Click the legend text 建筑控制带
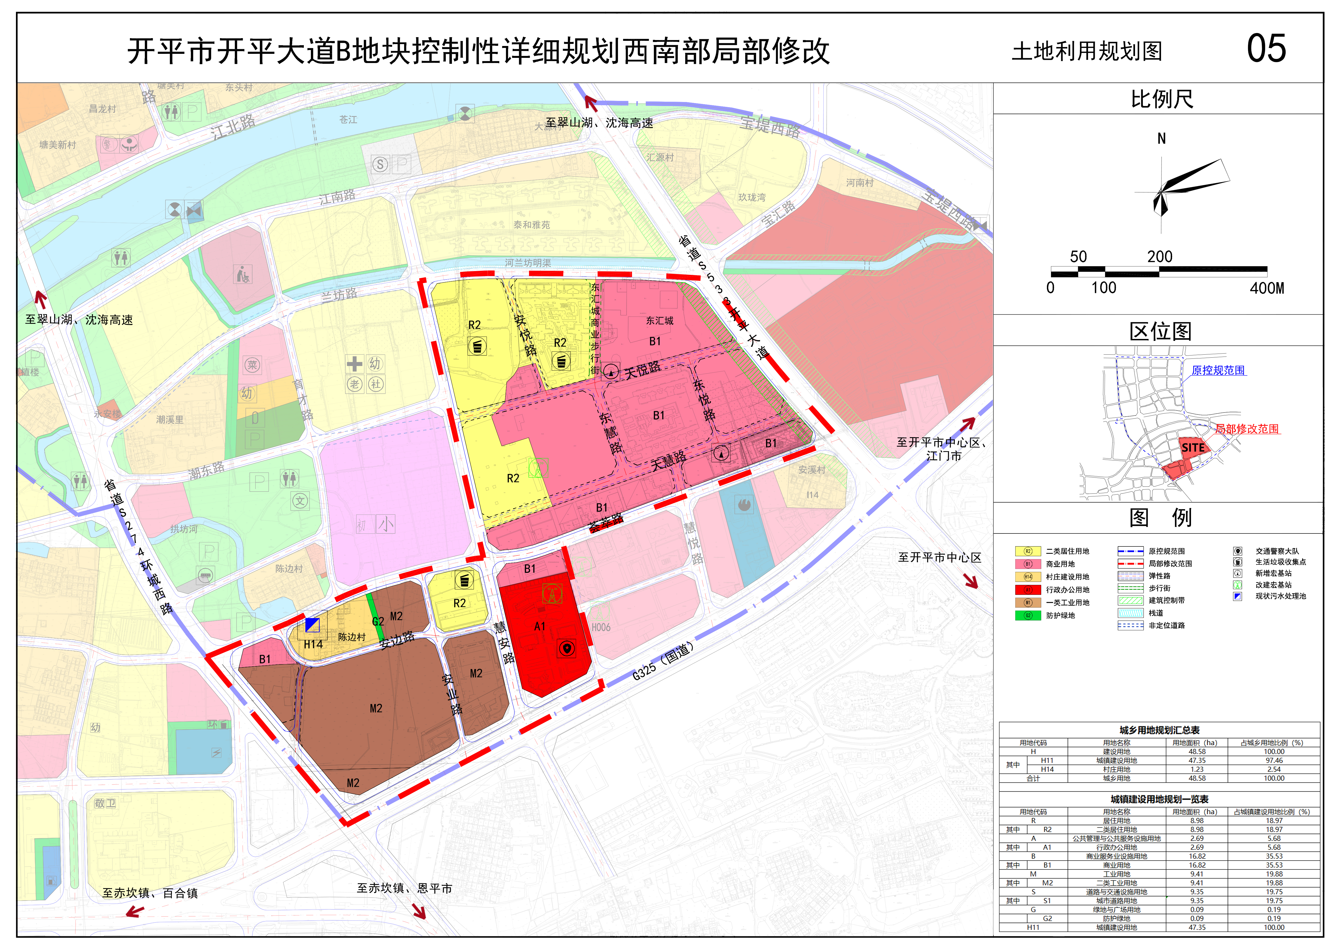coord(1166,600)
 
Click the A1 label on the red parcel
coord(540,627)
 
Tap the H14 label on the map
coord(313,645)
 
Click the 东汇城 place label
coord(659,321)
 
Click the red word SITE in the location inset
coord(1193,448)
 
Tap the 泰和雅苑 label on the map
coord(531,225)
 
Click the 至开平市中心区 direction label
coord(939,558)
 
